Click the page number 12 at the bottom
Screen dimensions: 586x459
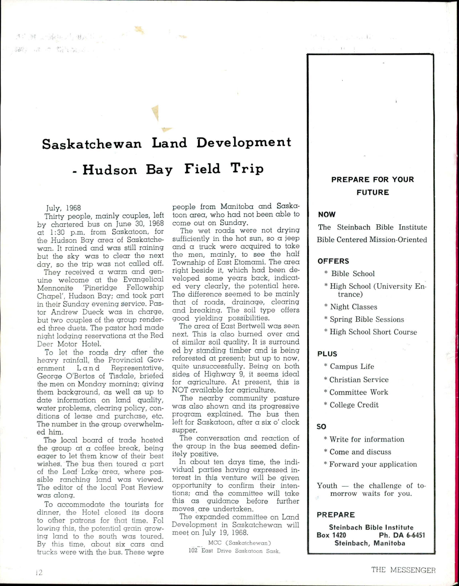39,572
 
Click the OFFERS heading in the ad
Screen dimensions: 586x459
333,261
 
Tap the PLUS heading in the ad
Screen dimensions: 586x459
327,354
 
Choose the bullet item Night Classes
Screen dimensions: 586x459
353,307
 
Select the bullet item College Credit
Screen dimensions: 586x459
354,405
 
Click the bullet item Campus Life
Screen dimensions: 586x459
352,366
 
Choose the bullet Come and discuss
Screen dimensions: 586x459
360,452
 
